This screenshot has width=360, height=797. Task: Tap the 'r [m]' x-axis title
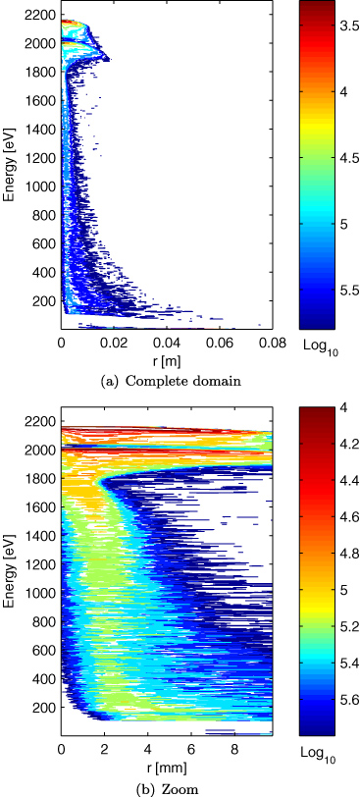[x=166, y=360]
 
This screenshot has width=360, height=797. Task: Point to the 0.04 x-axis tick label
[x=166, y=345]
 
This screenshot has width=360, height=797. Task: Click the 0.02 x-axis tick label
[x=114, y=345]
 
